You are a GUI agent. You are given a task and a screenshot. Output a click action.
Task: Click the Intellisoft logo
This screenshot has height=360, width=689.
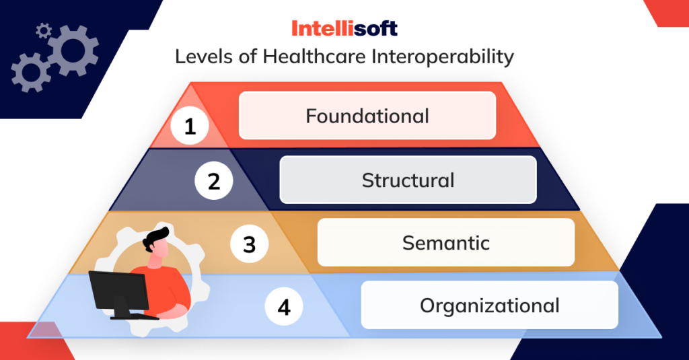(344, 28)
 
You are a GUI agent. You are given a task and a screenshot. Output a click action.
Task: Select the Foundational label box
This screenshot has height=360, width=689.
(367, 116)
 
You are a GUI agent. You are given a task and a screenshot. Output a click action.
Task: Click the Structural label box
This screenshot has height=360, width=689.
(408, 180)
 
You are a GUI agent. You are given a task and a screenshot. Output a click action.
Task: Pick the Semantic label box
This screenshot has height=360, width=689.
(445, 242)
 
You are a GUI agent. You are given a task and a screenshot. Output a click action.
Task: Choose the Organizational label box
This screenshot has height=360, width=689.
(489, 305)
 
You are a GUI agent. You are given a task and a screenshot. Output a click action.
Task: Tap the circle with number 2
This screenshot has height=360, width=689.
(214, 181)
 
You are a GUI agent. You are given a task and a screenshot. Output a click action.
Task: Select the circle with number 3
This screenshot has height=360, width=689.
(250, 244)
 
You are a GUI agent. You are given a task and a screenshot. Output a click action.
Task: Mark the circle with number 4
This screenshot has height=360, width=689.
(284, 308)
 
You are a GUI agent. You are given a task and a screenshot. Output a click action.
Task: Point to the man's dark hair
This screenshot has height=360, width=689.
(157, 236)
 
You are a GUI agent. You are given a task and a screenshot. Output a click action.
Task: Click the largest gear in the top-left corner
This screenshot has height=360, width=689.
(73, 50)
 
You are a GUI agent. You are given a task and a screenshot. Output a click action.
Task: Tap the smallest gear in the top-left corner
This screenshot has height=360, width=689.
(43, 30)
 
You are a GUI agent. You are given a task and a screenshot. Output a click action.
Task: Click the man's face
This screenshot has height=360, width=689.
(161, 250)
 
